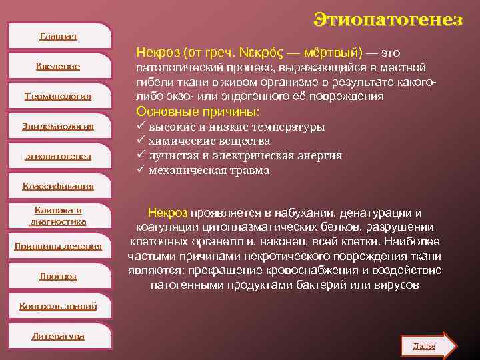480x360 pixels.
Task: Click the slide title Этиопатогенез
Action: tap(388, 19)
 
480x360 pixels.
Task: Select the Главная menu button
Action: tap(58, 36)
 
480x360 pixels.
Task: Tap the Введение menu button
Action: tap(58, 66)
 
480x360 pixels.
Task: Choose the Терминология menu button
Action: tap(58, 96)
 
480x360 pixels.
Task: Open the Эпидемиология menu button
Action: tap(58, 126)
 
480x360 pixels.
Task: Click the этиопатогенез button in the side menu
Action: tap(58, 156)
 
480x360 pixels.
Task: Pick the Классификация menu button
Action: tap(58, 186)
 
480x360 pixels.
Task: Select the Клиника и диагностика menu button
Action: tap(58, 215)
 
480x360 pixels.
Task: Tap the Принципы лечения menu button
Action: tap(58, 246)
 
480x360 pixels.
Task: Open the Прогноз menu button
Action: tap(58, 275)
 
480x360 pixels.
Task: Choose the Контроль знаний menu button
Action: tap(58, 306)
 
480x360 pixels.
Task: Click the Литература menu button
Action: tap(58, 336)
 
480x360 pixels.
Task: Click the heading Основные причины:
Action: tap(197, 111)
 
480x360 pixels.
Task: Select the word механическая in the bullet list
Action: tap(183, 171)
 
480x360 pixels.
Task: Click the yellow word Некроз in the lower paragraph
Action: tap(167, 213)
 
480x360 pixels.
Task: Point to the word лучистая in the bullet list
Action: tap(172, 156)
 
